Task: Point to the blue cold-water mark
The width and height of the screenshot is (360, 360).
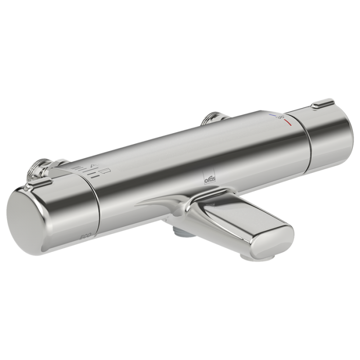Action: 273,117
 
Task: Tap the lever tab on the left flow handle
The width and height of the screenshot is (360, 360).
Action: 39,183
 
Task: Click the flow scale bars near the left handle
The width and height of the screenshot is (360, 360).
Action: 82,170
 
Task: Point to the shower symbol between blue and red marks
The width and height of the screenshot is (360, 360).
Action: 281,118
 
